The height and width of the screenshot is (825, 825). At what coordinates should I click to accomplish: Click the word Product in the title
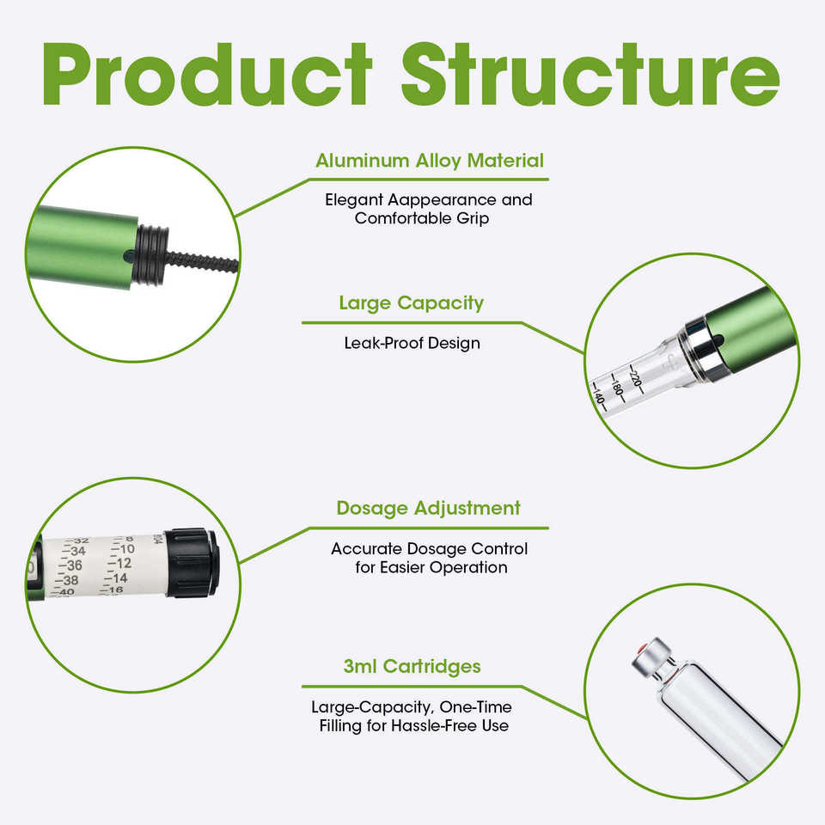(x=207, y=75)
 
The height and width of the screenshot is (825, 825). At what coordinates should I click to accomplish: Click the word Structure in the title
(x=591, y=75)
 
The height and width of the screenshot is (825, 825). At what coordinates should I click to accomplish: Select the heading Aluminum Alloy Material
(x=430, y=161)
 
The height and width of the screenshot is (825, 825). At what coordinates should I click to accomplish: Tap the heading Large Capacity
(x=411, y=303)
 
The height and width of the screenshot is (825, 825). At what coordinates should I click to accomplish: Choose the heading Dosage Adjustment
(x=428, y=508)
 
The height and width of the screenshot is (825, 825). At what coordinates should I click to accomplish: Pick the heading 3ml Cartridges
(x=412, y=667)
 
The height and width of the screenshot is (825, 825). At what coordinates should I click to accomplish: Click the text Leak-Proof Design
(x=412, y=343)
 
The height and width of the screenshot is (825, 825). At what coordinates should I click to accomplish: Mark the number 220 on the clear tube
(x=636, y=378)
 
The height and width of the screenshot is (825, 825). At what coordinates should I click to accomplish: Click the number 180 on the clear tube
(x=617, y=388)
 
